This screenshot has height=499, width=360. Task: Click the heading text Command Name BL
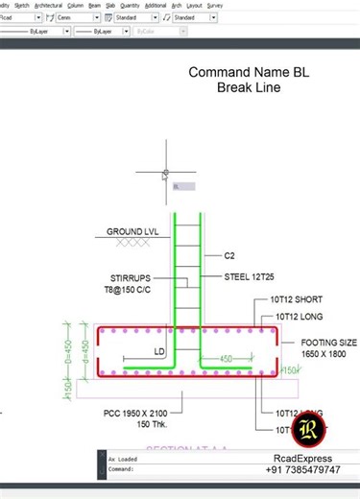pyautogui.click(x=249, y=73)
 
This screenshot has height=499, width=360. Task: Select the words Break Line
pyautogui.click(x=249, y=88)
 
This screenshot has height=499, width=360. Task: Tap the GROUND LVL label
pyautogui.click(x=132, y=231)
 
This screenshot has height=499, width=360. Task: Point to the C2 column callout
pyautogui.click(x=229, y=256)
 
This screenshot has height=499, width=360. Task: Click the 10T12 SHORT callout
pyautogui.click(x=299, y=299)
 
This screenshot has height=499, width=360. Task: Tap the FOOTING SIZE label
pyautogui.click(x=328, y=343)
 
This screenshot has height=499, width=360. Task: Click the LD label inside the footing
pyautogui.click(x=159, y=352)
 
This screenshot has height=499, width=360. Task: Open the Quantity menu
pyautogui.click(x=130, y=5)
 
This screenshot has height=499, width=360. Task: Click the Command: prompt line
pyautogui.click(x=121, y=469)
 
